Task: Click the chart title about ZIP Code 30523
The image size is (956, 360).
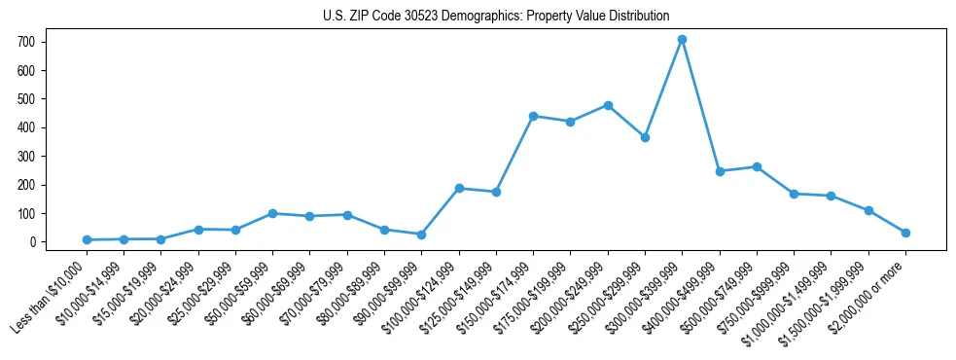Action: coord(495,16)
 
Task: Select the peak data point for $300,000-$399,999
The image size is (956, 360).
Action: coord(683,39)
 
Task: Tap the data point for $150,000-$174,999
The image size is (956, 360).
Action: coord(533,116)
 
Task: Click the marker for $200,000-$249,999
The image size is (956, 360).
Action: coord(608,105)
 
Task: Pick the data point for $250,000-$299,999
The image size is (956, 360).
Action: coord(645,137)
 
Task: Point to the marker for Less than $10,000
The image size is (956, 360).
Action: coord(87,239)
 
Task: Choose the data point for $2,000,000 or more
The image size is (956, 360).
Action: coord(905,233)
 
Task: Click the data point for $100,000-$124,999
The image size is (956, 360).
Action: coord(459,188)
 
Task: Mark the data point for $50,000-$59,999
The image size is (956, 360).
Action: coord(272,213)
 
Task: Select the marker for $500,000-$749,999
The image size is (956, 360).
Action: coord(757,166)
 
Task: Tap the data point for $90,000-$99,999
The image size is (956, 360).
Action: coord(421,234)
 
